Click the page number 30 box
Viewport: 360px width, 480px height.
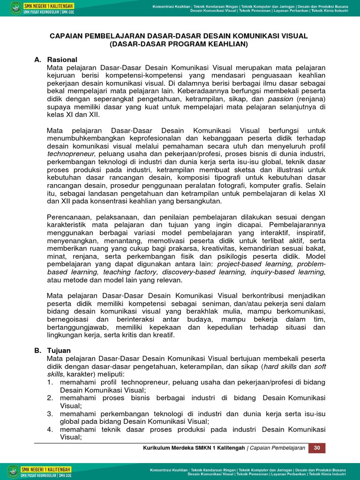tap(317, 448)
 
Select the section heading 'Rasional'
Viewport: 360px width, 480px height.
tap(62, 60)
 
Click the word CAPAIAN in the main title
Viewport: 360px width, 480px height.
tap(68, 36)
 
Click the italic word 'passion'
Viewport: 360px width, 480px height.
tap(280, 99)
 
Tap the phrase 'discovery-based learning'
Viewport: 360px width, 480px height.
tap(203, 272)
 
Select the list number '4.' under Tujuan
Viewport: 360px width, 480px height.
tap(50, 429)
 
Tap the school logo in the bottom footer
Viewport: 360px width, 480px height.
tap(13, 471)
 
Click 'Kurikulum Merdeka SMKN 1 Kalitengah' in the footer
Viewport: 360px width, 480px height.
tap(194, 448)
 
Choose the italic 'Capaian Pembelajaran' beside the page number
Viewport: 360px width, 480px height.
tap(277, 448)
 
